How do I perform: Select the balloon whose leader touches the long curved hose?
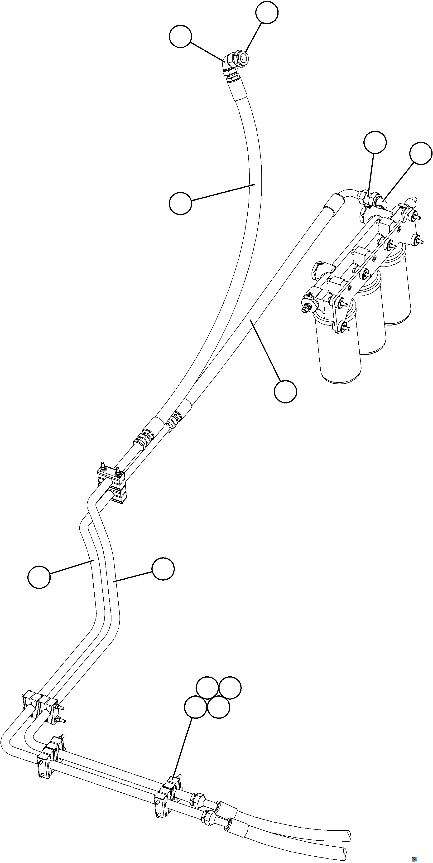pyautogui.click(x=181, y=203)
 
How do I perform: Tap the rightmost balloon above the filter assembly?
pyautogui.click(x=421, y=153)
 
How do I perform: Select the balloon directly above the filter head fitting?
pyautogui.click(x=375, y=143)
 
